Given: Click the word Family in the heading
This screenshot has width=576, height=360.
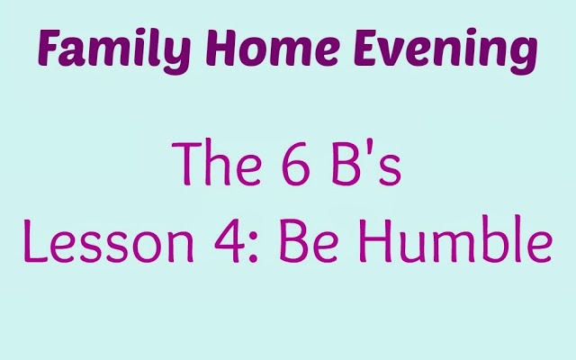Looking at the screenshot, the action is click(114, 50).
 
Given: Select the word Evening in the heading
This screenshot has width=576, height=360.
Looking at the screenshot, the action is click(445, 50).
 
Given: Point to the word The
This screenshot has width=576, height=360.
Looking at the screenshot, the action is click(216, 162).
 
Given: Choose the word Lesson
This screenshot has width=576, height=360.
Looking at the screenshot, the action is click(108, 240).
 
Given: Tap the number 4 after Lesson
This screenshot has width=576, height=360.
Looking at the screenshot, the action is click(229, 240).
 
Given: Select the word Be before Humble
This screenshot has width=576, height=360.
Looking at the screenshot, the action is click(308, 240).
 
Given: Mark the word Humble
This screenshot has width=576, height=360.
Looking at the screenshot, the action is click(455, 238).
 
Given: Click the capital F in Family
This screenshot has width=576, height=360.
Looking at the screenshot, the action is click(49, 47).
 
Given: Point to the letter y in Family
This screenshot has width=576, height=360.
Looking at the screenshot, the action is click(176, 56).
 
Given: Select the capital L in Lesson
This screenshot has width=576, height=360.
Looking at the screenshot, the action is click(36, 241).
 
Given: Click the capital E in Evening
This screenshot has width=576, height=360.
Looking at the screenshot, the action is click(366, 48).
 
